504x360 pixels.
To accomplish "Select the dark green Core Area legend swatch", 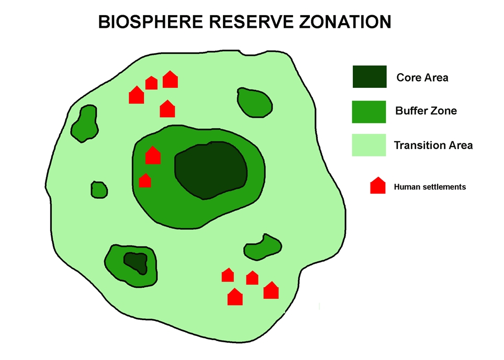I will [x=369, y=77].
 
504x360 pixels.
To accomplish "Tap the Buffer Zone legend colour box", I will [x=369, y=111].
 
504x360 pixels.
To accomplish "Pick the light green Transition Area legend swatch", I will [x=369, y=145].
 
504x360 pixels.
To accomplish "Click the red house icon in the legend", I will [x=378, y=186].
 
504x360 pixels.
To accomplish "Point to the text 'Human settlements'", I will [x=430, y=186].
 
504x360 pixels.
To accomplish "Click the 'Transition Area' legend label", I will [x=433, y=145].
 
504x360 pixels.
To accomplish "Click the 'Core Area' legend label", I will [x=422, y=77].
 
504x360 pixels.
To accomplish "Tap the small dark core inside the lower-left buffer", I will [x=135, y=262].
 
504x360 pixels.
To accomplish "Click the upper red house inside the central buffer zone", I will [x=153, y=155].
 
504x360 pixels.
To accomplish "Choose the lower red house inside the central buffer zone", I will [x=145, y=181].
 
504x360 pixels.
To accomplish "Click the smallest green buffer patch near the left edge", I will [x=99, y=189].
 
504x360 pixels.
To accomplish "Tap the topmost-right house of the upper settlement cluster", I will [x=170, y=80].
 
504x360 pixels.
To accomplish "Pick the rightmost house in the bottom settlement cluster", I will [x=271, y=290].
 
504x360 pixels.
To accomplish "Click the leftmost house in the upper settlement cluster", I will [x=137, y=95].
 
